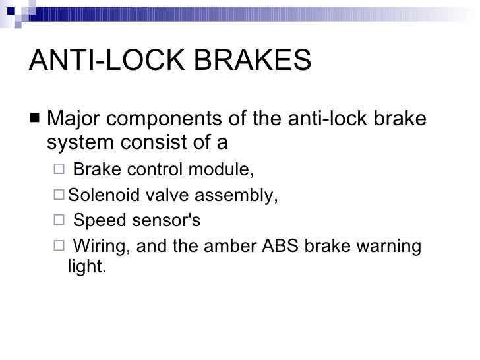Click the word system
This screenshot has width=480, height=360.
75,142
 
